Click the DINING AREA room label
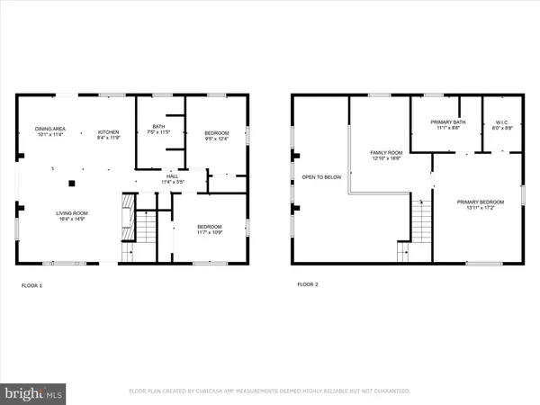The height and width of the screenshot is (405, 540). coord(49,129)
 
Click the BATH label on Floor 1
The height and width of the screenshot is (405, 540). coord(157,127)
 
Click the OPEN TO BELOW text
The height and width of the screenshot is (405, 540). coord(321,177)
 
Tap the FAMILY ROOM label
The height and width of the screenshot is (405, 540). coord(385,153)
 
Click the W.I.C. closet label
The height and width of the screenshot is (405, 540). coord(501,124)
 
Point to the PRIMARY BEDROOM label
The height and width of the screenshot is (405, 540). coord(476,202)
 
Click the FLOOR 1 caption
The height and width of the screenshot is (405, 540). coord(31,285)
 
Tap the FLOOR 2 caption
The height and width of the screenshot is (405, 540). coord(308,284)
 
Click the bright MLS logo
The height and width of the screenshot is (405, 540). coord(33,393)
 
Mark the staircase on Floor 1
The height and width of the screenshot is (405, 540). coord(143,229)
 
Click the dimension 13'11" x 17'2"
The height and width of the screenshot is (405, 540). coord(476,206)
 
